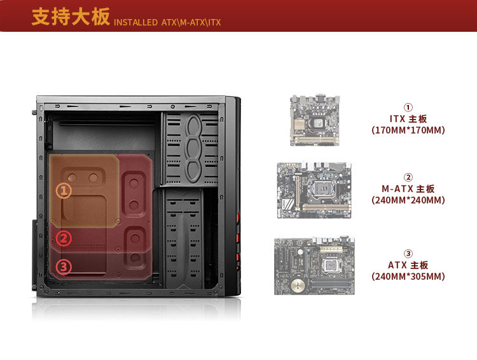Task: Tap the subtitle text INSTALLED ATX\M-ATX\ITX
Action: [x=167, y=23]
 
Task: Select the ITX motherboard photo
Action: [x=315, y=120]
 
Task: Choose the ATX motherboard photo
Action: [x=314, y=266]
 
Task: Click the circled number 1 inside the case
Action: [x=64, y=190]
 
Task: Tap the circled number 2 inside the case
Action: [x=64, y=239]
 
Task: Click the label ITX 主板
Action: [x=408, y=119]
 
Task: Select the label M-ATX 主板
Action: [x=408, y=189]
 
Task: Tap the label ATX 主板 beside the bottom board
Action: [x=408, y=265]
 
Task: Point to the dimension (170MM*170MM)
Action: [x=408, y=130]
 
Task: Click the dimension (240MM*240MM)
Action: [x=408, y=200]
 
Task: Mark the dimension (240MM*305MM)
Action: [x=408, y=277]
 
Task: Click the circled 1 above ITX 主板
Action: [x=408, y=107]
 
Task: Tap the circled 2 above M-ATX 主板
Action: [x=408, y=177]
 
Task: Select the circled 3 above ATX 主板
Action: [x=408, y=254]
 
